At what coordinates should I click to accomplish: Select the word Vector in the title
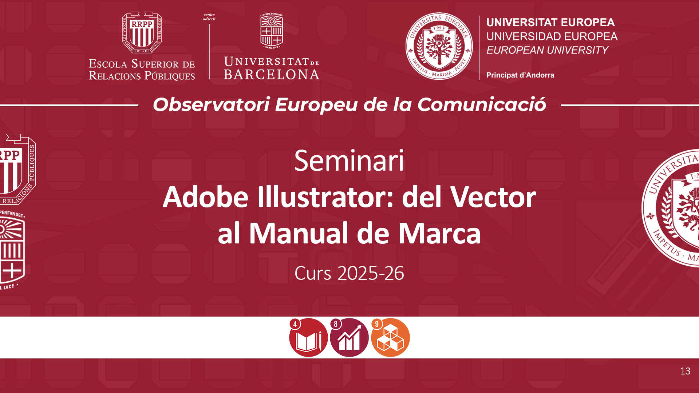[x=493, y=197]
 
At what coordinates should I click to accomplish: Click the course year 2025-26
[x=371, y=273]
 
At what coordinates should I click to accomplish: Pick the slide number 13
[x=685, y=371]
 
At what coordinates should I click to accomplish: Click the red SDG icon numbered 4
[x=308, y=338]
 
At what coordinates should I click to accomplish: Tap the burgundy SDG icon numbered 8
[x=349, y=338]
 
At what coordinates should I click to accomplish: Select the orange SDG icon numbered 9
[x=390, y=338]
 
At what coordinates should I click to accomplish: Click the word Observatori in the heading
[x=211, y=105]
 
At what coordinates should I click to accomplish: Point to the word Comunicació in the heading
[x=482, y=105]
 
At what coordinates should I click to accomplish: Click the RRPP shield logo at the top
[x=142, y=32]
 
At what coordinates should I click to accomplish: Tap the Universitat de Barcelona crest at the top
[x=272, y=31]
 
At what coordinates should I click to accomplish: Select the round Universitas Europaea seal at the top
[x=439, y=46]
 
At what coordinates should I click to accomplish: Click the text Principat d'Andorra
[x=520, y=75]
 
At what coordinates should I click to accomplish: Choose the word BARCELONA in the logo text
[x=272, y=75]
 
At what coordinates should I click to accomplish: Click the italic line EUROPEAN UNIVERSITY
[x=547, y=50]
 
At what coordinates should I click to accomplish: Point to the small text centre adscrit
[x=209, y=17]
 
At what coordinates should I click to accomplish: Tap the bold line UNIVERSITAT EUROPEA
[x=550, y=23]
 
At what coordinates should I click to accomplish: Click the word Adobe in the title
[x=206, y=197]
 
